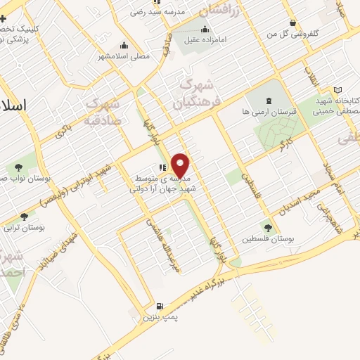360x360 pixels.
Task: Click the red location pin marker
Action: point(181,165)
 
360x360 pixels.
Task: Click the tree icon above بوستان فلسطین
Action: point(267,226)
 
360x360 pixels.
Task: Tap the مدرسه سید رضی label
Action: point(160,12)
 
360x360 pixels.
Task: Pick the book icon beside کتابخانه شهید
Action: point(338,91)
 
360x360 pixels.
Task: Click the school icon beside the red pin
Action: point(162,167)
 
